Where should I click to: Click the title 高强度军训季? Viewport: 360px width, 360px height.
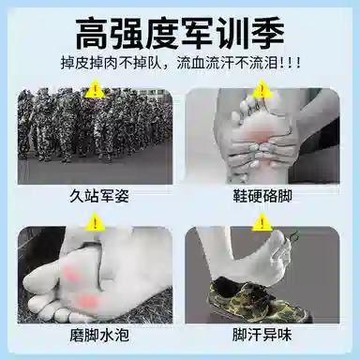[180, 34]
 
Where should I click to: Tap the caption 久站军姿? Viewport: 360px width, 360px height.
[99, 197]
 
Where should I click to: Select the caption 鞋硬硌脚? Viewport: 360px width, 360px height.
[262, 197]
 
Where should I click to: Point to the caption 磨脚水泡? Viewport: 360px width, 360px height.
[99, 336]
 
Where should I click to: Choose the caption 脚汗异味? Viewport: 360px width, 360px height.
[262, 336]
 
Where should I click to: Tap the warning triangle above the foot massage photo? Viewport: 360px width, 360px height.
[262, 88]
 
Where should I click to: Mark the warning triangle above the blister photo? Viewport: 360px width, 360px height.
[95, 221]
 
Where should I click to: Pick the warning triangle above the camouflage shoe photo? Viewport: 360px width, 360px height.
[262, 221]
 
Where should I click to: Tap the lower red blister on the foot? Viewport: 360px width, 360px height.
[86, 301]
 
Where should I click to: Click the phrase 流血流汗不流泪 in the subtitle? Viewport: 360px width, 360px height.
[227, 63]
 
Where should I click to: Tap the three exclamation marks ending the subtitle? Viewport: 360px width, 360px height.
[290, 63]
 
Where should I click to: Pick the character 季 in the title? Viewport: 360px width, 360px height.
[267, 34]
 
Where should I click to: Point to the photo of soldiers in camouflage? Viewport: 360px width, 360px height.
[95, 137]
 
